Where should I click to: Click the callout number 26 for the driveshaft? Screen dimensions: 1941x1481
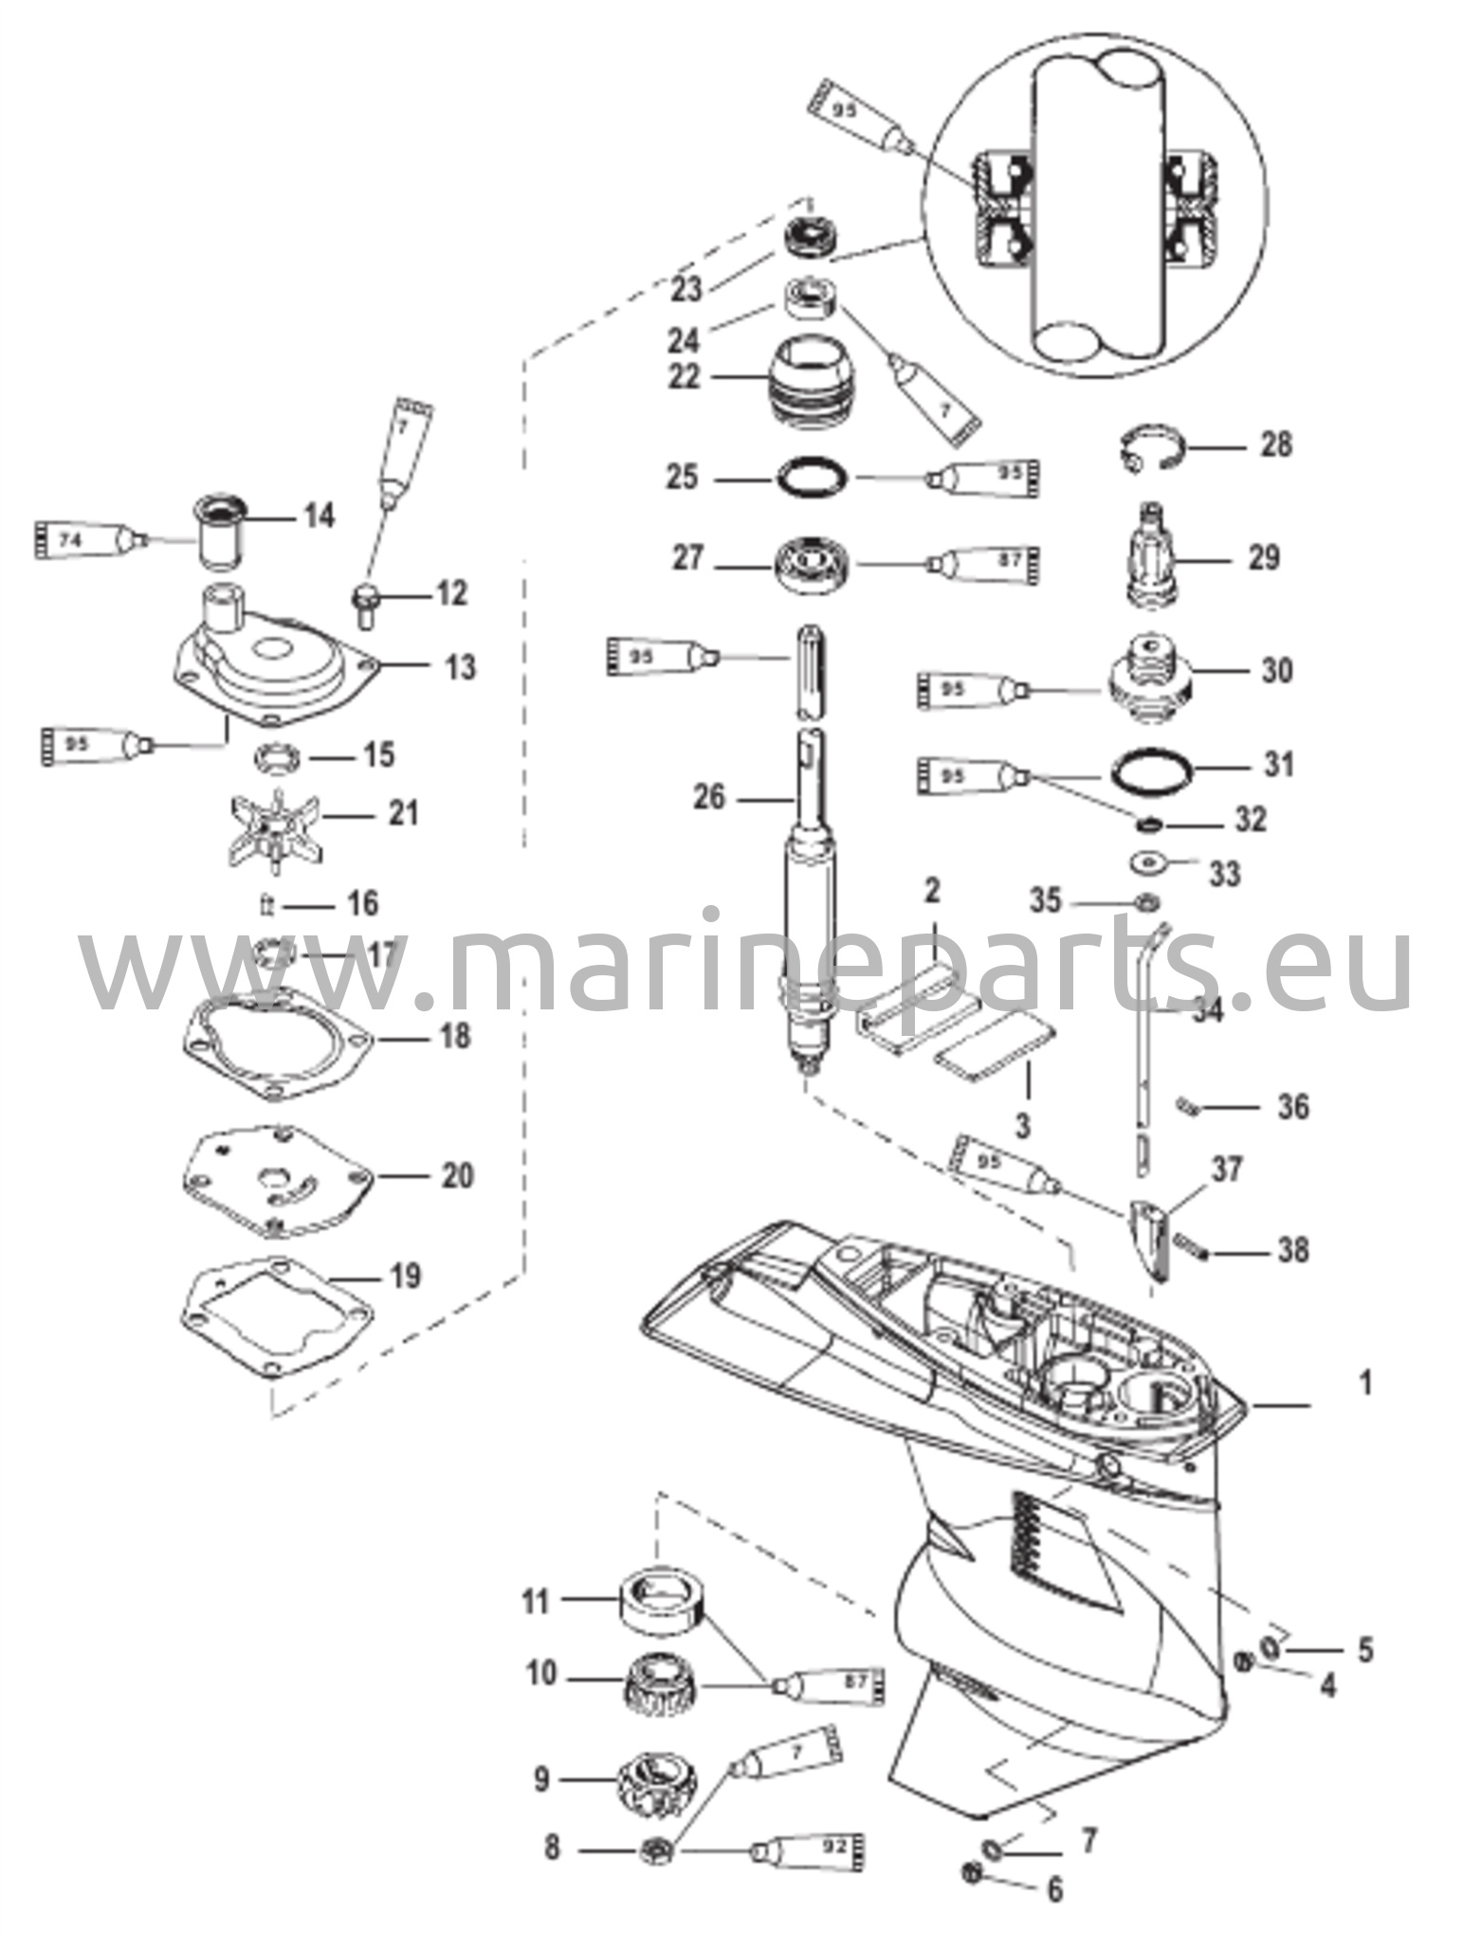tap(709, 798)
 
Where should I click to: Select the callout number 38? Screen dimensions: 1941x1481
tap(1292, 1250)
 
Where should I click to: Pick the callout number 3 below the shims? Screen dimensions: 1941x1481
tap(1022, 1126)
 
